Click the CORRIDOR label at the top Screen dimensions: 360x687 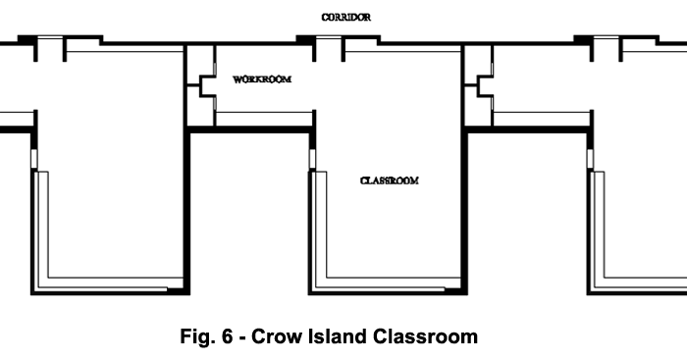click(345, 17)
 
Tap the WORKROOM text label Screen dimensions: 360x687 click(262, 79)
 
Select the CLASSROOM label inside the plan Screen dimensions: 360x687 click(389, 180)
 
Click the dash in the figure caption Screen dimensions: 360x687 click(242, 338)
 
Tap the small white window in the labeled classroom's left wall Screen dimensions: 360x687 click(313, 158)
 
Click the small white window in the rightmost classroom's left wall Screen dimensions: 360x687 click(591, 158)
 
